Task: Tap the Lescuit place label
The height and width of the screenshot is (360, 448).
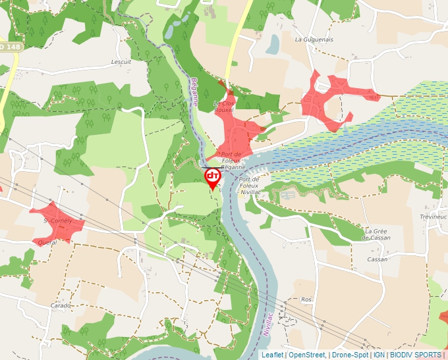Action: click(122, 62)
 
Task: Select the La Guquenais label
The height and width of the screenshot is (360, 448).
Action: click(314, 39)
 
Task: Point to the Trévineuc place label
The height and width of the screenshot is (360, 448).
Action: click(433, 217)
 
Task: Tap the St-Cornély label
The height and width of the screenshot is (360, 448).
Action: click(57, 220)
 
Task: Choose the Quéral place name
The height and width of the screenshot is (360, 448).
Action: click(47, 242)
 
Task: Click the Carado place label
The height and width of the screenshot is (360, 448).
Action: click(61, 306)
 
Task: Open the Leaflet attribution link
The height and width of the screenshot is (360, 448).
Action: click(272, 355)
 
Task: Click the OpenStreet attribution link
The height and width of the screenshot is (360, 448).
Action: click(307, 355)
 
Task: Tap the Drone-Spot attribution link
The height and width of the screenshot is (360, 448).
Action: click(350, 355)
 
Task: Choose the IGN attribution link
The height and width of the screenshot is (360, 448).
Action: click(379, 355)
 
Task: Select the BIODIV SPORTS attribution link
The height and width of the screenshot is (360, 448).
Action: click(415, 355)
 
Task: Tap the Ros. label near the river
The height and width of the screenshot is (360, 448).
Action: click(306, 299)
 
